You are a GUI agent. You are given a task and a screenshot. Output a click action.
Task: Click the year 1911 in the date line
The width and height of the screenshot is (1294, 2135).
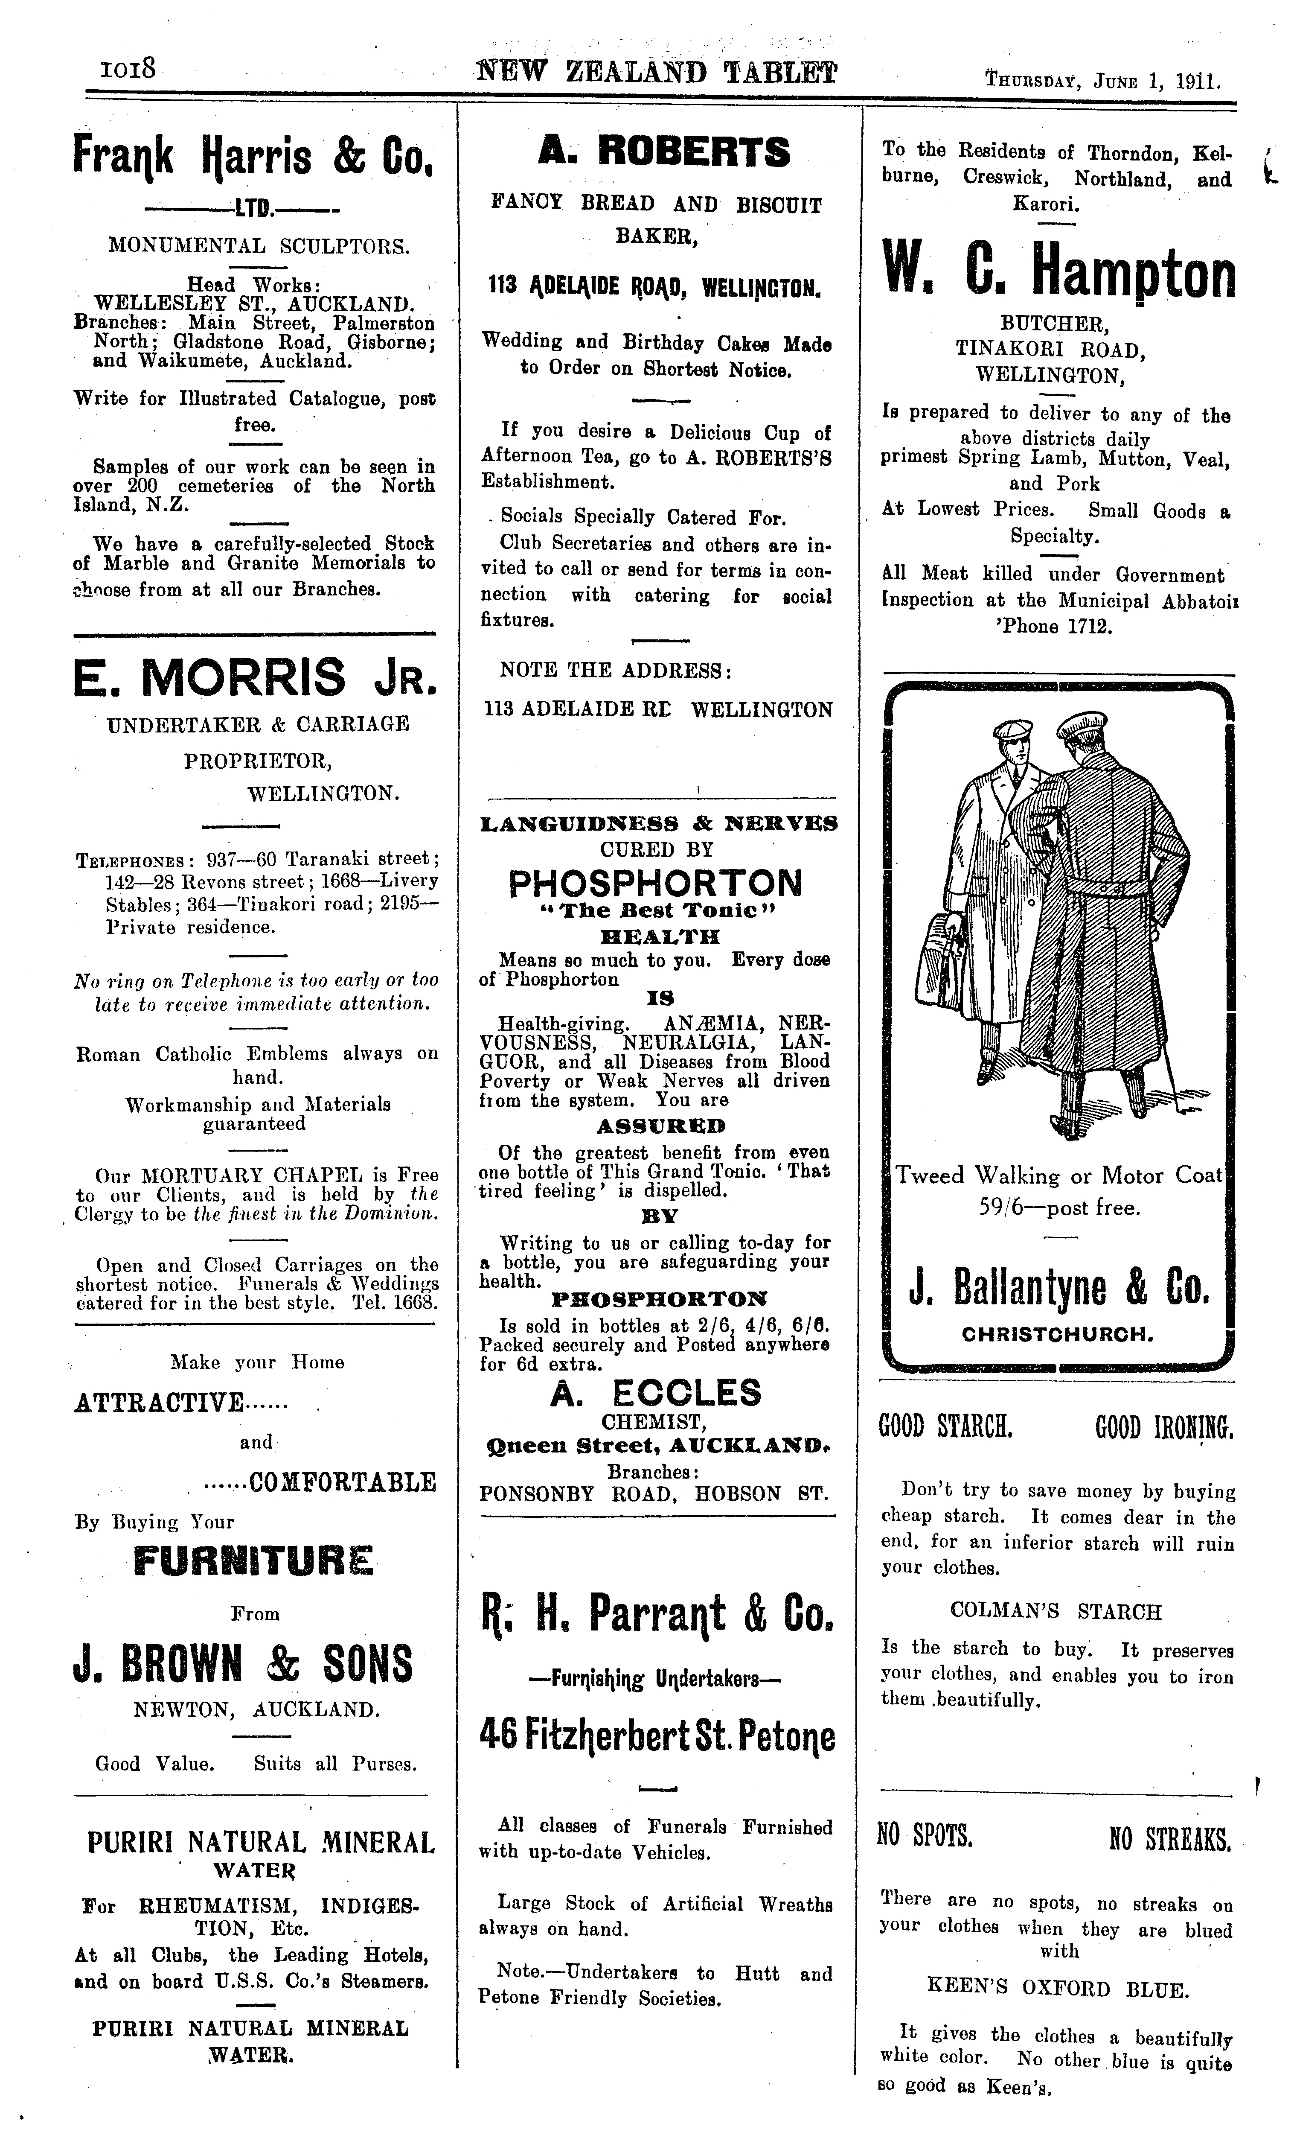pos(1199,82)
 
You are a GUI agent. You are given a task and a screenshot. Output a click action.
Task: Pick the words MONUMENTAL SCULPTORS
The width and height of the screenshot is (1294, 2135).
pos(258,245)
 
